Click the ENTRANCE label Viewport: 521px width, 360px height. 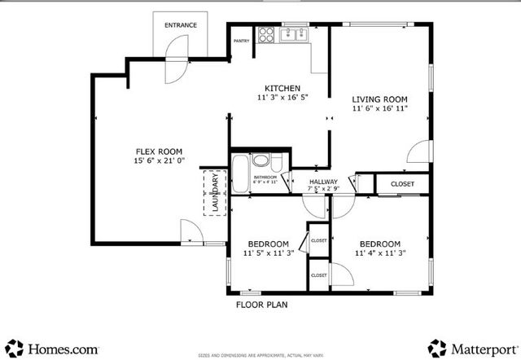pos(181,25)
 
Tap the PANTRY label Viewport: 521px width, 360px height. pos(241,40)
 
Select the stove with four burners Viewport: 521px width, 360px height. pos(265,34)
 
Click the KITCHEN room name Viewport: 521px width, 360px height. pos(282,88)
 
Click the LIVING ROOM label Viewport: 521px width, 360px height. pos(380,94)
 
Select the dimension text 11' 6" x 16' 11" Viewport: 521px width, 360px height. pos(380,108)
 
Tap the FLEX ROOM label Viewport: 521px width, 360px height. pos(158,151)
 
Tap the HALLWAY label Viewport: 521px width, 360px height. pos(323,182)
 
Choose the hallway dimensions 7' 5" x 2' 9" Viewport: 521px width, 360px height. pos(323,190)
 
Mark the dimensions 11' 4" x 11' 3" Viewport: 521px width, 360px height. pos(379,253)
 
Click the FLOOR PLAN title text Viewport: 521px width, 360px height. pos(261,305)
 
